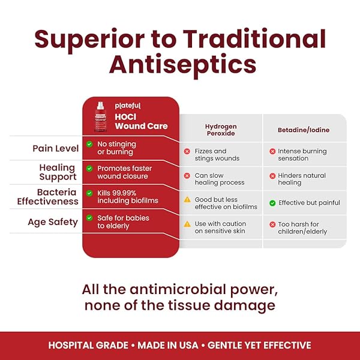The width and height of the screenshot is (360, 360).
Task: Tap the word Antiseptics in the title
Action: (x=183, y=65)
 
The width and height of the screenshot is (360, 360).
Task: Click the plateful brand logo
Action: (x=128, y=106)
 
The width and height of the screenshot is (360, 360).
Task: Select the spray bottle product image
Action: (x=100, y=116)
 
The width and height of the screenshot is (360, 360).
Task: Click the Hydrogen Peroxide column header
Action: (x=221, y=130)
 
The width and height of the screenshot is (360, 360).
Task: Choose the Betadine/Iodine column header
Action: (x=304, y=130)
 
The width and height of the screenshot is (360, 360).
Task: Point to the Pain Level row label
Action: (x=56, y=148)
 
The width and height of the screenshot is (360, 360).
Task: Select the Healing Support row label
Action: (x=58, y=172)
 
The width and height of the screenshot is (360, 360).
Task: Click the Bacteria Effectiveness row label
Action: (x=48, y=197)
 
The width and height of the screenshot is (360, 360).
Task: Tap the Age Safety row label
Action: (x=53, y=222)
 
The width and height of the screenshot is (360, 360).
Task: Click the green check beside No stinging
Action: (x=89, y=144)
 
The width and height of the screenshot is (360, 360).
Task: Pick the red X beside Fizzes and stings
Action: (x=187, y=151)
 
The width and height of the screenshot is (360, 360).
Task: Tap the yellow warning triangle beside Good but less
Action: (x=187, y=200)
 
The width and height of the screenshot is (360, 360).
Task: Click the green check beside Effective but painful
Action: (x=272, y=203)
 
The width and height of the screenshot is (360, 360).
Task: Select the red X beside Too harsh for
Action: (x=272, y=224)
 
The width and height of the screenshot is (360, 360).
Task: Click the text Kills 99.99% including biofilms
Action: (x=128, y=197)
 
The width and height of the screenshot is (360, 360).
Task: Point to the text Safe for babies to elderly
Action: (x=123, y=222)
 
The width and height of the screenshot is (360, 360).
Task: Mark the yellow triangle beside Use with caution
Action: (x=187, y=224)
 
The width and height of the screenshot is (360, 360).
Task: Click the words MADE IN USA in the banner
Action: (x=168, y=346)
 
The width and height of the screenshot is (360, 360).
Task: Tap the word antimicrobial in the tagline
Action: (x=178, y=290)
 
